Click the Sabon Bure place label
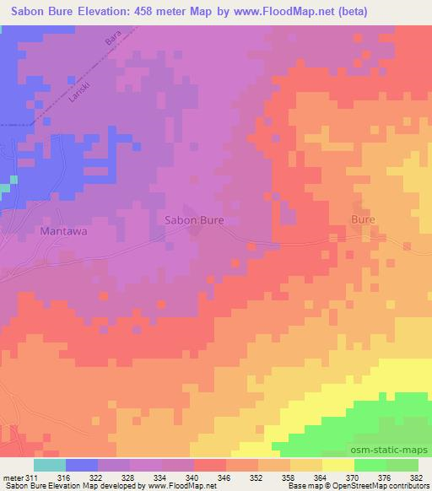click(193, 220)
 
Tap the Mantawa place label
click(64, 229)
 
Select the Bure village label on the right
click(363, 219)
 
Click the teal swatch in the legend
click(50, 465)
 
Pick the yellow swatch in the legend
click(337, 465)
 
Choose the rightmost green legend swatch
click(402, 465)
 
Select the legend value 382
click(416, 478)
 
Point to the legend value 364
click(321, 478)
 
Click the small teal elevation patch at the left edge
click(12, 181)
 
